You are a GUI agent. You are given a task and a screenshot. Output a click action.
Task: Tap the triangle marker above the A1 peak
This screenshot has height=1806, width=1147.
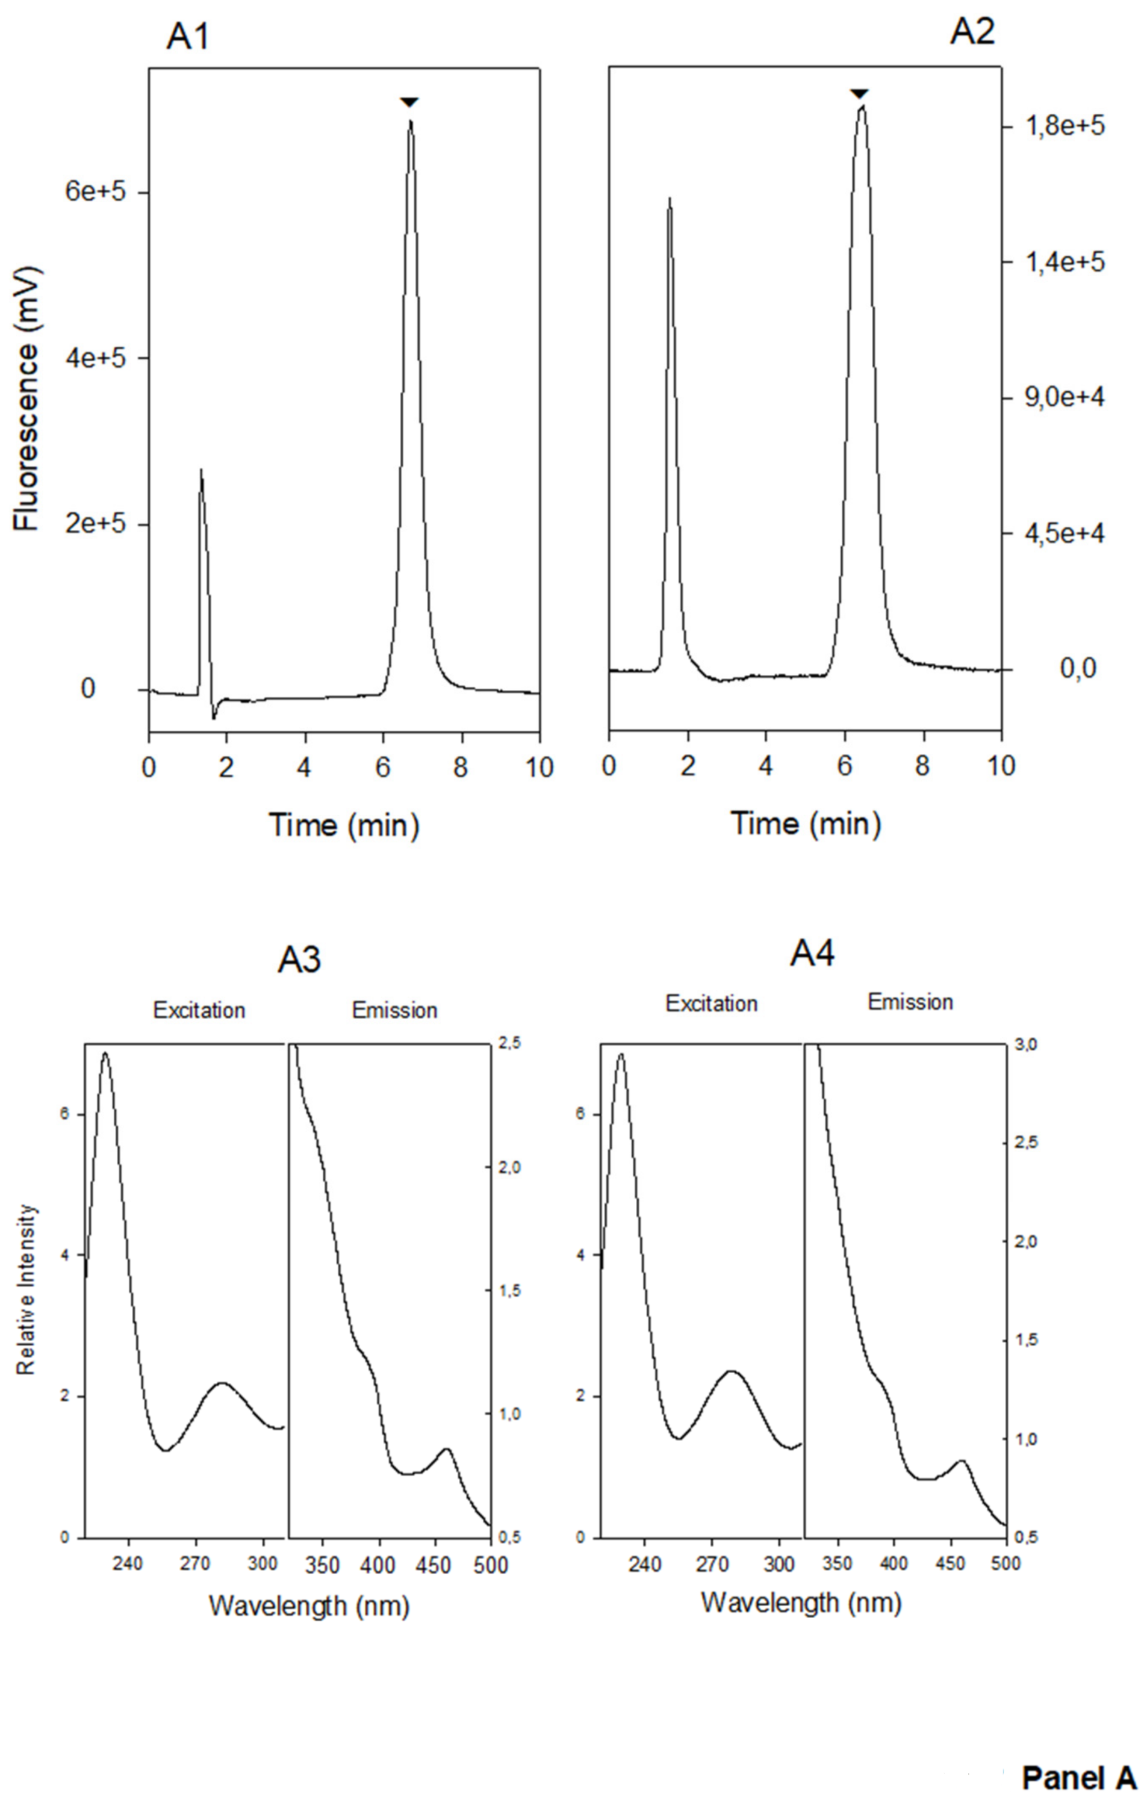point(409,102)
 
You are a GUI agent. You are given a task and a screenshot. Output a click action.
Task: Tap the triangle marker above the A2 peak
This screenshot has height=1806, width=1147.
point(860,93)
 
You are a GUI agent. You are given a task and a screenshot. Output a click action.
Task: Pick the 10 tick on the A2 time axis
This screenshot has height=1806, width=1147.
point(1001,766)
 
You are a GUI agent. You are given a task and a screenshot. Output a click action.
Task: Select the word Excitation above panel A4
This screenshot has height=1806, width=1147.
point(711,1004)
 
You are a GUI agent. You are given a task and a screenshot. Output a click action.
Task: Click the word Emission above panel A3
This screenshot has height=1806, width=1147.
point(394,1010)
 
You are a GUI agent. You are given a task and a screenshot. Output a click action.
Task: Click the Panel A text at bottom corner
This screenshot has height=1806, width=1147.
point(1078,1778)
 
